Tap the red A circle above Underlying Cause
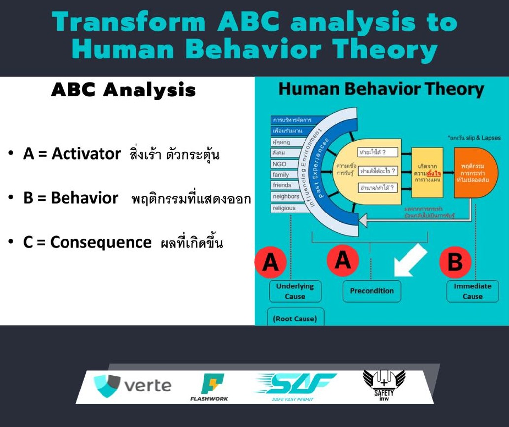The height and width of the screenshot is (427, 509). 271,262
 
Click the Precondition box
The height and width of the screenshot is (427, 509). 372,290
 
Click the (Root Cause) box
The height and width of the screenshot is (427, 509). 295,318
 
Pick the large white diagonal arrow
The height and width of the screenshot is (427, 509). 409,259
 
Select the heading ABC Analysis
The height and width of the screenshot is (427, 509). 123,91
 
